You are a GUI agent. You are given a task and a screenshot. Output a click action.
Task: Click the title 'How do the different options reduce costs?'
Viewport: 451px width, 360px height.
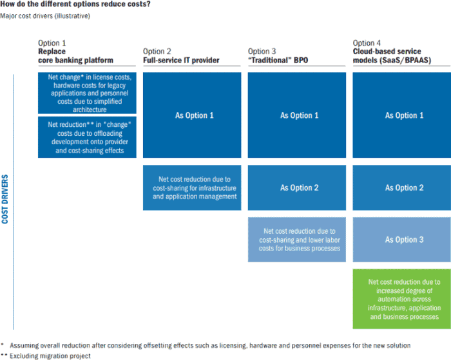75,4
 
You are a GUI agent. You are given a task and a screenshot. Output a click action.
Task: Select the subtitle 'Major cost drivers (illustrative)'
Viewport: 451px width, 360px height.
45,16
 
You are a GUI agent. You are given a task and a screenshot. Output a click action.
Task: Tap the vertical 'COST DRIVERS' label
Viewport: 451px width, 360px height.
5,199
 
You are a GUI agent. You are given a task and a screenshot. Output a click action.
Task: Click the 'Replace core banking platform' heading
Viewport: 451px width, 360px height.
75,56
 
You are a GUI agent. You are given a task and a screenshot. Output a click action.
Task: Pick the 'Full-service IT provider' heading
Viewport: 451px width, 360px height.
181,60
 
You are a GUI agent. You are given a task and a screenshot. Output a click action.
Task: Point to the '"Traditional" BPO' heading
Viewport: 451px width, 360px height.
278,60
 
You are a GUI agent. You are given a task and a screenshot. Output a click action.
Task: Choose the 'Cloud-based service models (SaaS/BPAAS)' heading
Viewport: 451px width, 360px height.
392,56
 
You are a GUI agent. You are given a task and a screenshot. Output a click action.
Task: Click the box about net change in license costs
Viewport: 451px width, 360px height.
87,93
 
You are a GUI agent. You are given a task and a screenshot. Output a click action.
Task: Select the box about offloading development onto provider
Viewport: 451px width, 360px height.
87,137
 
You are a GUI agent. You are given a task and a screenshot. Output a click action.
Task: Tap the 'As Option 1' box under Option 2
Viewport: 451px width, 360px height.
192,115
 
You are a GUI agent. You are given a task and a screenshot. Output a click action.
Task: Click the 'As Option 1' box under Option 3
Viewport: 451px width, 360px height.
297,115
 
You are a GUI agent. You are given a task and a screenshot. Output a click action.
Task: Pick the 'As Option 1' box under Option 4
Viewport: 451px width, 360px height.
402,115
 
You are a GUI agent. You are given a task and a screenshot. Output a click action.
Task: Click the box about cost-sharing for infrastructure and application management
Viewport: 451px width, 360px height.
192,188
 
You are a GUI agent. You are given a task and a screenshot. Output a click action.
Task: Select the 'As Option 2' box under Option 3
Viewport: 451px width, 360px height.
297,188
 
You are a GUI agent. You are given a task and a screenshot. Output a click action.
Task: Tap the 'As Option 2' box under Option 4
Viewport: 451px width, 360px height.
402,188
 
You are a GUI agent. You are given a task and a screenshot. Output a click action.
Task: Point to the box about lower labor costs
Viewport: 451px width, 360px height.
297,240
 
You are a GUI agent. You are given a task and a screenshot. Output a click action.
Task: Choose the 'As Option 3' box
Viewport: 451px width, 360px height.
402,240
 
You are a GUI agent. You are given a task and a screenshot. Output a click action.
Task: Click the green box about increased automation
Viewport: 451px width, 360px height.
402,299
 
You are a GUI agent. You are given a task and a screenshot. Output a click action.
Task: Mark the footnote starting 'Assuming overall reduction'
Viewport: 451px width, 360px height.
210,345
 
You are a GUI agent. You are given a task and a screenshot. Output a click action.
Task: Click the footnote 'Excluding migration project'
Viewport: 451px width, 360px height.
50,356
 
